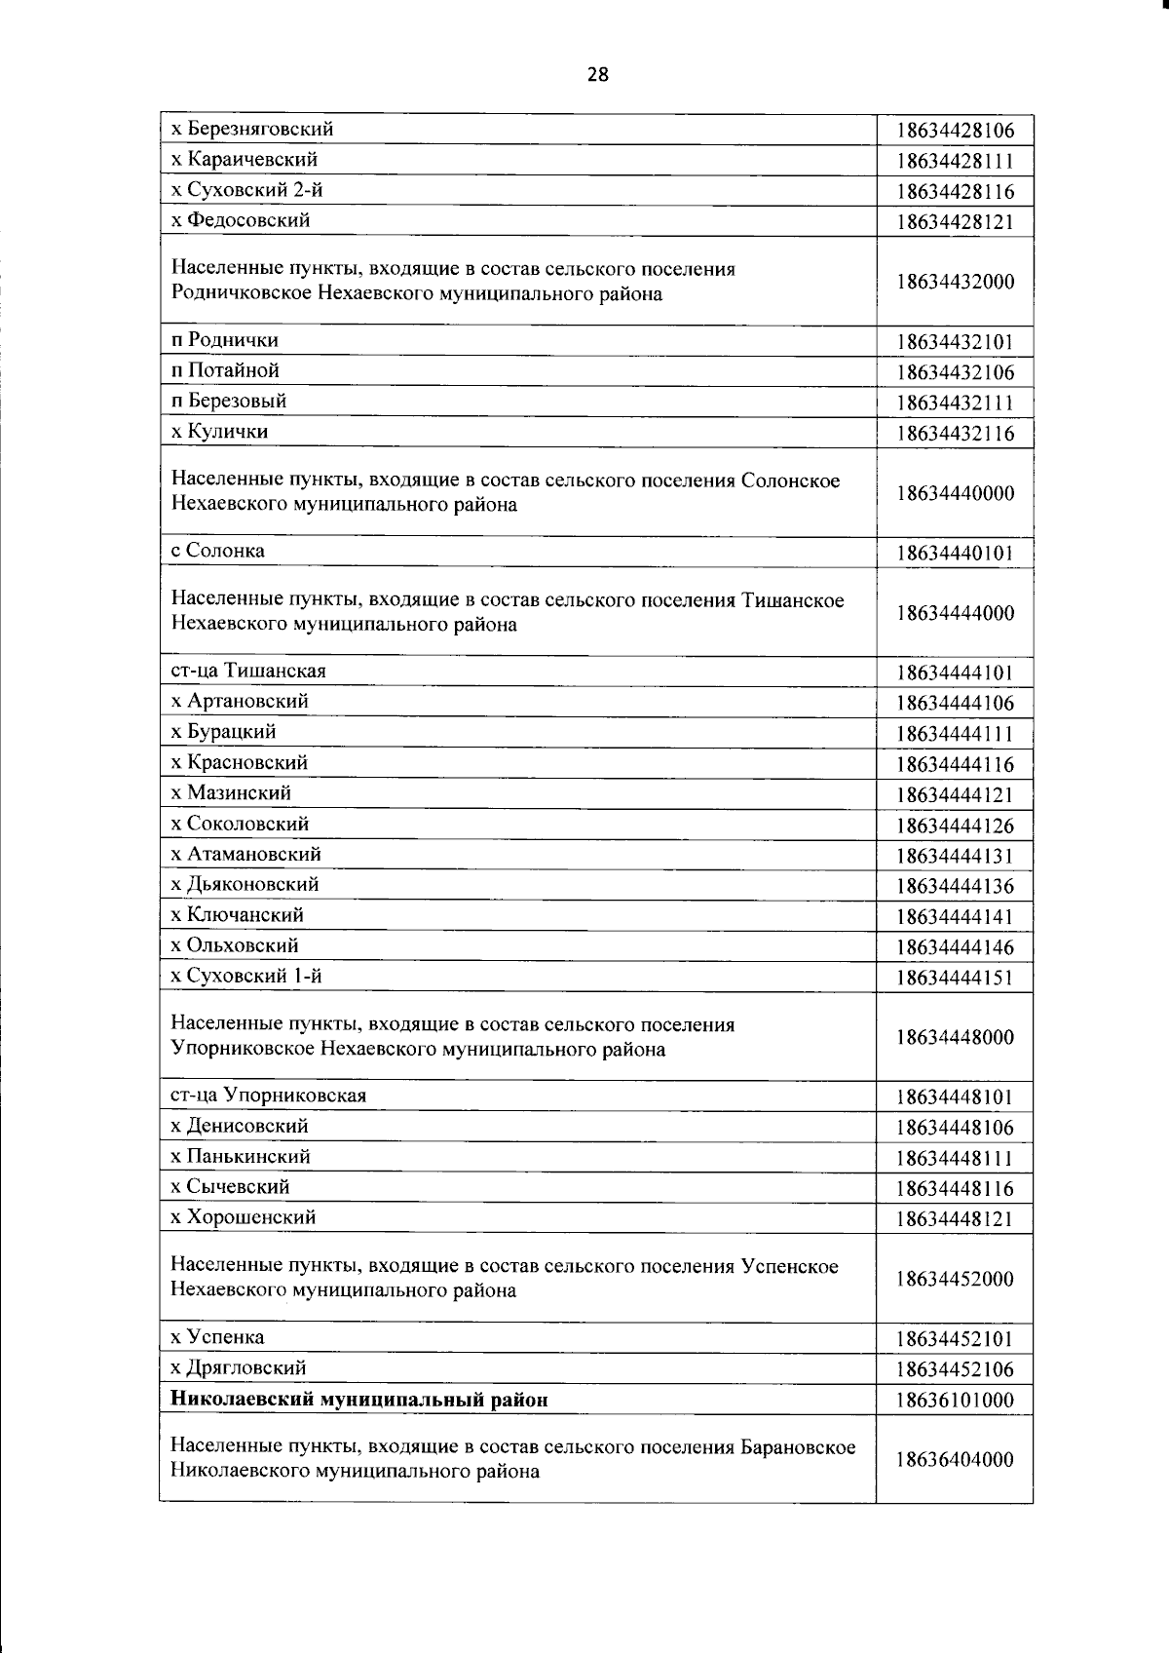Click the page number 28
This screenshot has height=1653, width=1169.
pyautogui.click(x=597, y=74)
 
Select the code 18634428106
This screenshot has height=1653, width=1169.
pyautogui.click(x=955, y=131)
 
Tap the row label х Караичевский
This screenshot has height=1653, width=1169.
pyautogui.click(x=245, y=159)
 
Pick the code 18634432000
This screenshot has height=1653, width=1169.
pyautogui.click(x=955, y=282)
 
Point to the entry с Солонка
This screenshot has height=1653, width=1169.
pyautogui.click(x=217, y=551)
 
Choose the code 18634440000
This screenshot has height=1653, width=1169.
pyautogui.click(x=955, y=493)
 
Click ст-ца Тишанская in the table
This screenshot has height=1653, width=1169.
pyautogui.click(x=248, y=671)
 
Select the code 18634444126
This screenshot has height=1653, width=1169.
pyautogui.click(x=955, y=826)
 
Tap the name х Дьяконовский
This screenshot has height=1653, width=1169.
pyautogui.click(x=245, y=884)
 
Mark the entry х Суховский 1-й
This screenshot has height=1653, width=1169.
pyautogui.click(x=246, y=976)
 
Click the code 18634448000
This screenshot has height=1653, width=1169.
pyautogui.click(x=955, y=1037)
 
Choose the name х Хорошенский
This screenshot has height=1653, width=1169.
pyautogui.click(x=244, y=1216)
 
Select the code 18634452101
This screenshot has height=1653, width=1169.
pyautogui.click(x=955, y=1339)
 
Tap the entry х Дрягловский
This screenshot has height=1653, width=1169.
pyautogui.click(x=239, y=1367)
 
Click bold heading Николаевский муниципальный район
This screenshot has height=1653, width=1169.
pyautogui.click(x=359, y=1400)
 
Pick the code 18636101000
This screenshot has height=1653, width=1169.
pyautogui.click(x=955, y=1401)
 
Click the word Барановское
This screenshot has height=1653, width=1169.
pyautogui.click(x=798, y=1446)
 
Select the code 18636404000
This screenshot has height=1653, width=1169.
pyautogui.click(x=955, y=1460)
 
